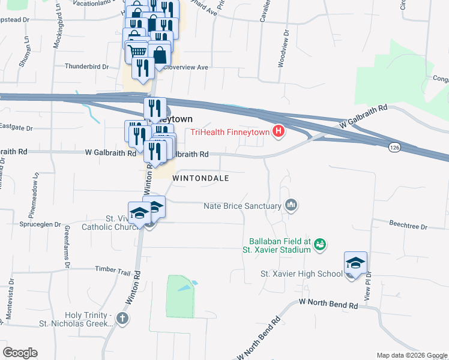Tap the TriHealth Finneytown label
[x=231, y=133]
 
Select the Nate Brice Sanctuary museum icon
[x=292, y=206]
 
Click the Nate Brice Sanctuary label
[x=243, y=206]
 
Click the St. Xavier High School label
[x=301, y=274]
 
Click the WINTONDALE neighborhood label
[x=201, y=178]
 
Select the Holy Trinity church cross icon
[x=122, y=318]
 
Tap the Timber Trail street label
[x=112, y=271]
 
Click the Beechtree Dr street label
[x=408, y=227]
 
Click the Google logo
[x=20, y=353]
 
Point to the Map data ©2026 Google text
[x=411, y=355]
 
